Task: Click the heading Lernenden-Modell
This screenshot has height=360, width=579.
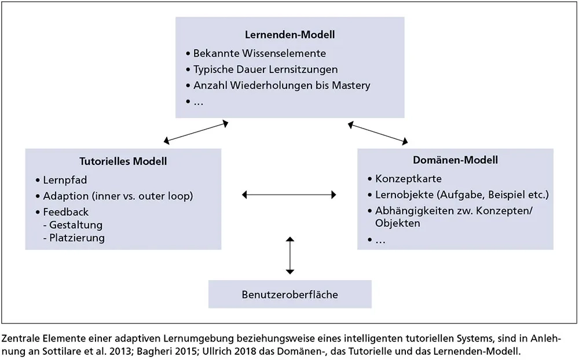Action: coord(289,35)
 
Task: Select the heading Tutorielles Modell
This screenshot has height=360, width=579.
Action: coord(123,161)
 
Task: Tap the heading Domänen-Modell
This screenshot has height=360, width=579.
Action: coord(455,160)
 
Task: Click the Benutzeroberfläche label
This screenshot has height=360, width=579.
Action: coord(289,295)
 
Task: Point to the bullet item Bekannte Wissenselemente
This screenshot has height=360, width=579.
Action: coord(259,53)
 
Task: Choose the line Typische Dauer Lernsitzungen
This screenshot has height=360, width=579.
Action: coord(265,69)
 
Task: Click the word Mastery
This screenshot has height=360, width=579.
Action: coord(351,86)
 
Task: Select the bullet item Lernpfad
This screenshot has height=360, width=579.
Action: coord(65,180)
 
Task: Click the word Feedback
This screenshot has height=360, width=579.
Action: coord(66,212)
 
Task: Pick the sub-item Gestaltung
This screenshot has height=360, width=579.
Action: coord(76,225)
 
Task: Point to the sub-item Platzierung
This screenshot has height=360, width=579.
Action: coord(77,238)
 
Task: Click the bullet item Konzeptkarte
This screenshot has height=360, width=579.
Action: coord(408,178)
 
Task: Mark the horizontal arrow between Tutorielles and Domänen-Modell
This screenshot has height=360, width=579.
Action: coord(289,195)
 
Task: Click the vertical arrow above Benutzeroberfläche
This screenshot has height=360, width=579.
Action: coord(290,255)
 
